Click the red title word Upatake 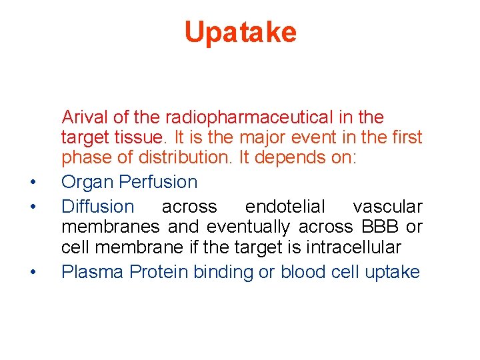pos(240,32)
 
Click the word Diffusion pos(97,207)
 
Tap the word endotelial pos(285,207)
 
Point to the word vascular pos(387,207)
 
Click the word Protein pos(159,272)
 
